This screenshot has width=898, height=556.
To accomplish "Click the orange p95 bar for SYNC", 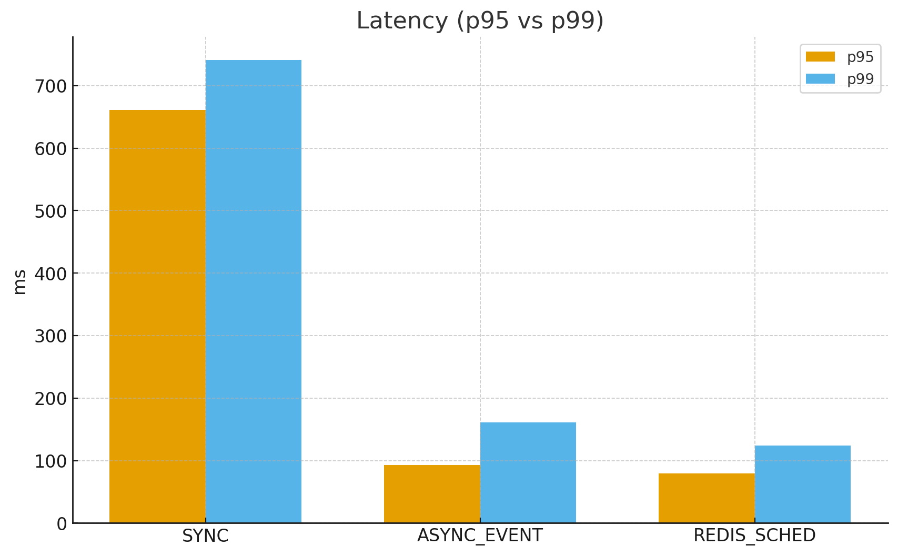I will click(x=157, y=316).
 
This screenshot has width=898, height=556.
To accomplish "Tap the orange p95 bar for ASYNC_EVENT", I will click(x=432, y=494).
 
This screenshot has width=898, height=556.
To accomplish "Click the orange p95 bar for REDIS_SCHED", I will click(x=707, y=498).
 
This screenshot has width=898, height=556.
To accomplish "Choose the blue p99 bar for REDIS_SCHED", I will click(x=803, y=484).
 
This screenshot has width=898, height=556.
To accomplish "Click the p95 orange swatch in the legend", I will click(x=820, y=57).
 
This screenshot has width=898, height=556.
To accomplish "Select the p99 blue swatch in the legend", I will click(x=820, y=79).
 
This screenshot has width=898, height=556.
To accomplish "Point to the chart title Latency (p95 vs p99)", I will click(x=480, y=21).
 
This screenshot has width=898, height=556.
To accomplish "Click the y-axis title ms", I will click(x=20, y=281).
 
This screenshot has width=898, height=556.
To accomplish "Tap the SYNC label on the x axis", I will click(x=205, y=536).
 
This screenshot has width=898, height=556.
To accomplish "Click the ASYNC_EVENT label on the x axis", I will click(x=480, y=536).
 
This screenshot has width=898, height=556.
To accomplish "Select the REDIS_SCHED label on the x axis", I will click(x=754, y=536).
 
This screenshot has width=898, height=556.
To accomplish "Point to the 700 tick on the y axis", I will click(x=51, y=86).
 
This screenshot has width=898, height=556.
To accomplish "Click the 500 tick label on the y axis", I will click(x=51, y=211).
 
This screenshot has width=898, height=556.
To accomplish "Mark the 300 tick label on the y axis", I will click(x=51, y=336).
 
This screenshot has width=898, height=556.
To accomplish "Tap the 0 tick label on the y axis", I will click(x=62, y=524).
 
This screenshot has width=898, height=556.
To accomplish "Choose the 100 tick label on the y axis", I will click(x=51, y=461).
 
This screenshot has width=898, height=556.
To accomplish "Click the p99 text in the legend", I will click(x=860, y=79).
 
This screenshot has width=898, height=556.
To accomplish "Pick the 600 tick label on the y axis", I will click(x=51, y=149).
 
